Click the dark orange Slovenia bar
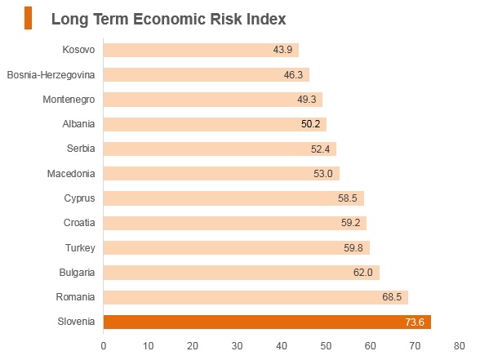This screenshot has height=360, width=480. [267, 322]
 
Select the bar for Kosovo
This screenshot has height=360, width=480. [201, 50]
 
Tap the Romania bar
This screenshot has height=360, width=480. [256, 297]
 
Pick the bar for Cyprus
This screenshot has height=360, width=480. [233, 198]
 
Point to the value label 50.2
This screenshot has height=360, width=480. [310, 124]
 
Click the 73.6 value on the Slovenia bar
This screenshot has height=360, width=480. [415, 322]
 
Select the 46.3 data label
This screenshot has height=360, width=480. [293, 75]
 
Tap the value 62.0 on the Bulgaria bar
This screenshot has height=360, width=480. [362, 273]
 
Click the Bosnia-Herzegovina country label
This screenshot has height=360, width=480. [51, 75]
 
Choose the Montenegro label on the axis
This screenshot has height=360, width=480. [69, 100]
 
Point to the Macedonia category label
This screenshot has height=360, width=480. [71, 174]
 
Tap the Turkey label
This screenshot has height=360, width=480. [80, 248]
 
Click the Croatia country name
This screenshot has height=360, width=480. [79, 223]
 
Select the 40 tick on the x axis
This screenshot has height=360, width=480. [281, 346]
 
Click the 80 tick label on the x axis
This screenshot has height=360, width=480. [459, 346]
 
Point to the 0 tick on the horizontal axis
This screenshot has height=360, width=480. [104, 346]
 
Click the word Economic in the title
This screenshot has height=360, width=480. [169, 19]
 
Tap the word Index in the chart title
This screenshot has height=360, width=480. [266, 19]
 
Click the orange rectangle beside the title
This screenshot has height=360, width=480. [28, 18]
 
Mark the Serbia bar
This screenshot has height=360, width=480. [220, 149]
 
